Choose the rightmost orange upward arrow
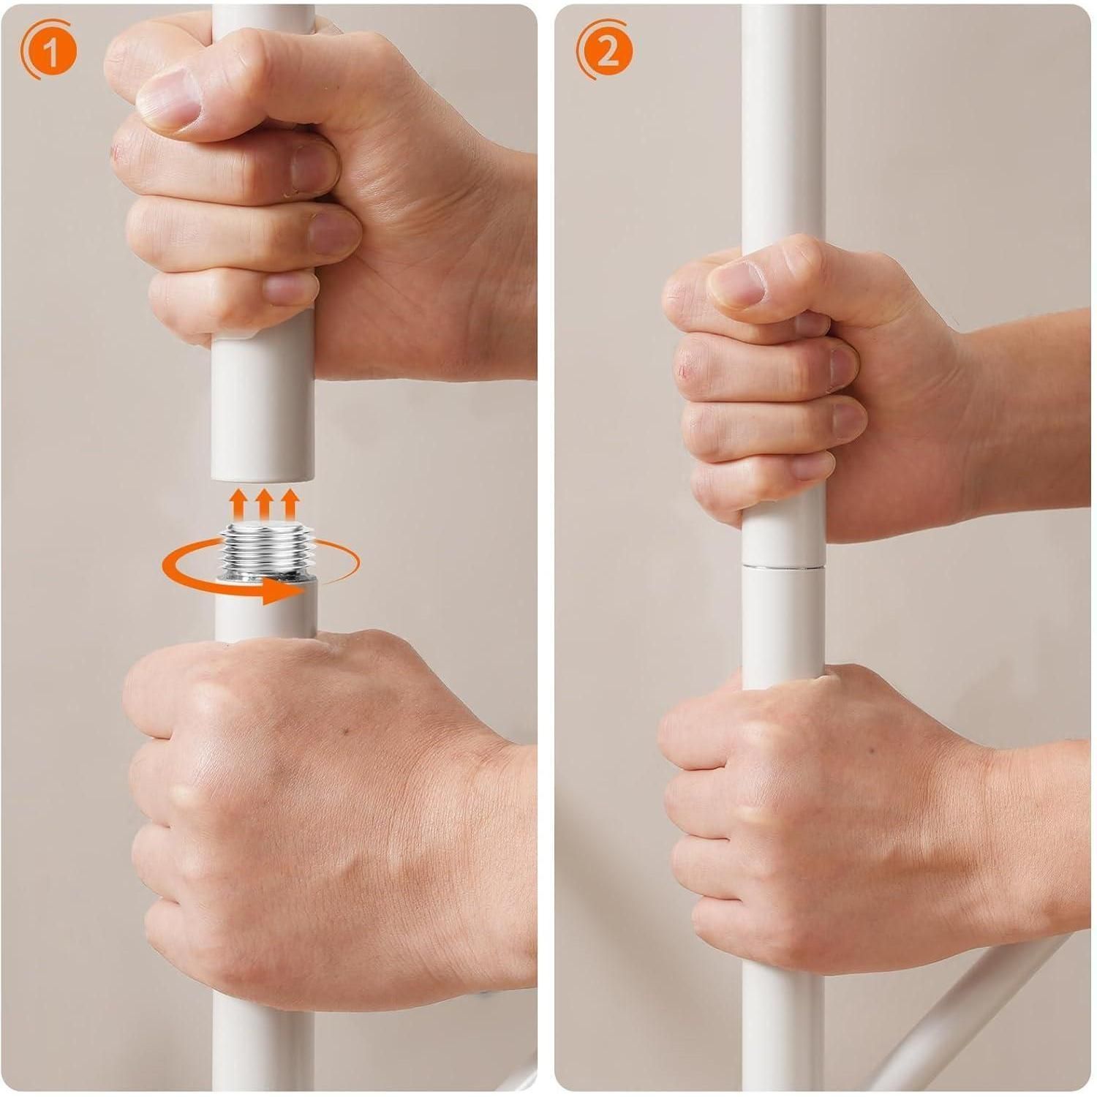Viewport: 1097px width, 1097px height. [x=290, y=505]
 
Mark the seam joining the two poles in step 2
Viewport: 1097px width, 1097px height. [x=782, y=564]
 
